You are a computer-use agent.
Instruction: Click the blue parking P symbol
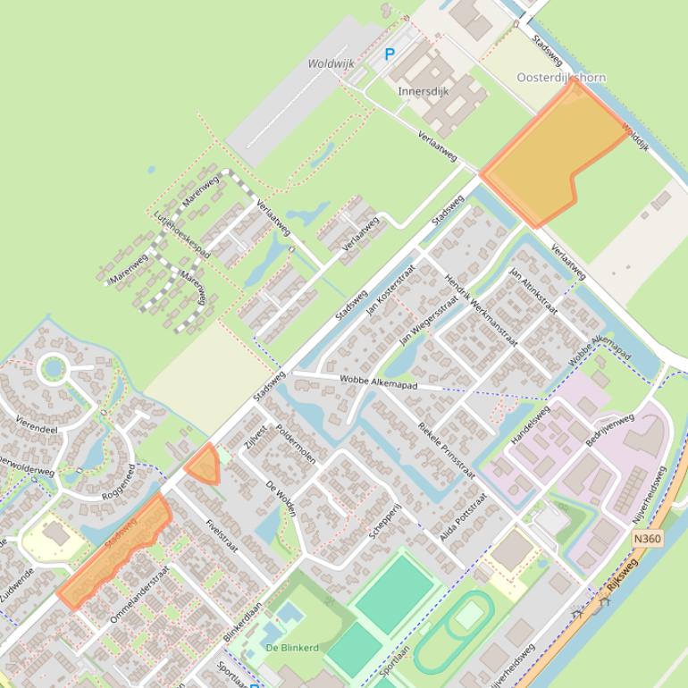pos(389,55)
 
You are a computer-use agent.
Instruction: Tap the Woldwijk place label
pos(331,64)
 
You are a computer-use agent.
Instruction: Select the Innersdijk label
pos(424,91)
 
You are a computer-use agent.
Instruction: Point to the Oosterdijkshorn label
pos(561,78)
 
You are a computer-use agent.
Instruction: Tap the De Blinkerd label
pos(293,648)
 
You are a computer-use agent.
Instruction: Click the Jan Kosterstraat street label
pos(393,289)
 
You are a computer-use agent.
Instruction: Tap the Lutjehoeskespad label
pos(181,235)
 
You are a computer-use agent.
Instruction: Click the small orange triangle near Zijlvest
pos(204,466)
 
